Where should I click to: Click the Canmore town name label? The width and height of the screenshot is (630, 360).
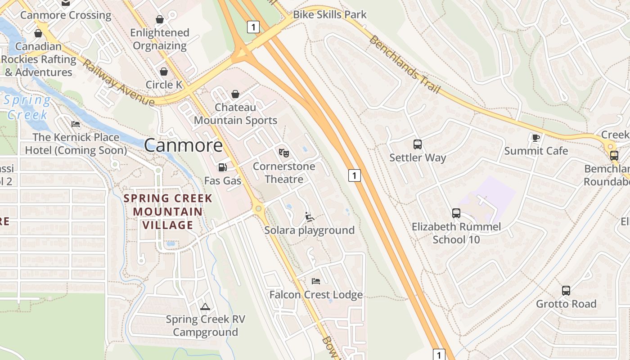183,145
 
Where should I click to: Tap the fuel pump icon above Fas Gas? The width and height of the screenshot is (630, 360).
222,167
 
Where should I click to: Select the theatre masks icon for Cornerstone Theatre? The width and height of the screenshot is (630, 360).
283,153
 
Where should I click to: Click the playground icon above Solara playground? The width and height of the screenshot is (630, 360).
309,217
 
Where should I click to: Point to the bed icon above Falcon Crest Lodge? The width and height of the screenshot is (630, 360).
316,281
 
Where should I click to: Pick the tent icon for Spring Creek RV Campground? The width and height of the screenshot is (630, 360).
205,306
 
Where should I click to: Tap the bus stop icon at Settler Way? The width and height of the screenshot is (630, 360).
418,144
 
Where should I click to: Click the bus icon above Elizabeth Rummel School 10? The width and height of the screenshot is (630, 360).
456,213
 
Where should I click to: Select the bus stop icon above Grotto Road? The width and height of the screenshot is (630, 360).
566,291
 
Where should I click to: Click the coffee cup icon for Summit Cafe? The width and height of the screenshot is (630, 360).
535,138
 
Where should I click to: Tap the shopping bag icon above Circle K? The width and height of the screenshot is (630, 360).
164,72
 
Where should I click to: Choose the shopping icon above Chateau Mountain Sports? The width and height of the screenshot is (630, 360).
235,94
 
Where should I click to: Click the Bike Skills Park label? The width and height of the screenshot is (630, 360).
329,14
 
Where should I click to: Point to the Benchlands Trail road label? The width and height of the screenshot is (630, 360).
404,64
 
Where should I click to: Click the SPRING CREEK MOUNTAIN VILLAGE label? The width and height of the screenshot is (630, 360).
168,211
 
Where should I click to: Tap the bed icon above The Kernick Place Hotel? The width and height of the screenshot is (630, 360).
76,124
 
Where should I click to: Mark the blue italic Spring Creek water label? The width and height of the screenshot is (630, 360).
27,107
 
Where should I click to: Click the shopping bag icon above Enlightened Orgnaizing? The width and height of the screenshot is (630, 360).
159,19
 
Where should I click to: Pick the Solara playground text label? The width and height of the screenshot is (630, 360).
309,230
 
